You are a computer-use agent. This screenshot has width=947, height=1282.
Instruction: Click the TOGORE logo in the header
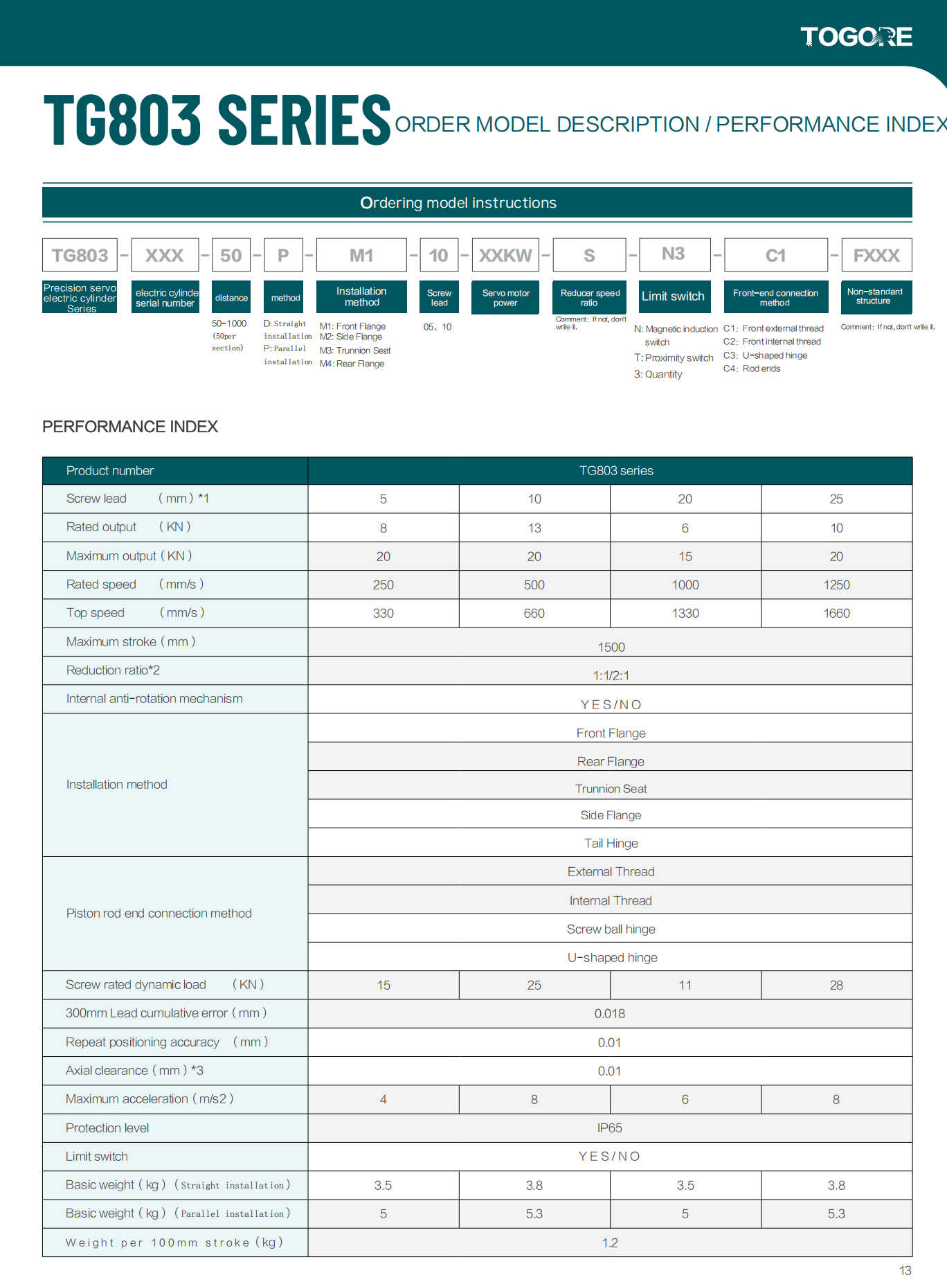point(856,37)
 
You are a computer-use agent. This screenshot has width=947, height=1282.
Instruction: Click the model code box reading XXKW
point(505,256)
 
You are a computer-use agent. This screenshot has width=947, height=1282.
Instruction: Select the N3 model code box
point(674,254)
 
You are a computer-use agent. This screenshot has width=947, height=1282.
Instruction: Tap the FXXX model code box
point(876,256)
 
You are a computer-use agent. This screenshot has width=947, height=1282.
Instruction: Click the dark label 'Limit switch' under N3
point(673,296)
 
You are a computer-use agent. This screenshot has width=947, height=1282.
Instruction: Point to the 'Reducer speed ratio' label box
point(590,298)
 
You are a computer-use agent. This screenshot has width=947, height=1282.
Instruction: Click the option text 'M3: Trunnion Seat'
point(355,350)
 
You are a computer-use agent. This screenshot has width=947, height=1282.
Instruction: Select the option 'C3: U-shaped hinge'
point(765,355)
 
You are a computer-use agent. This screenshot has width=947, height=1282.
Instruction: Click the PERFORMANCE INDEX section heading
point(130,427)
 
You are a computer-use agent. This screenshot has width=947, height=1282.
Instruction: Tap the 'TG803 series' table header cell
point(616,471)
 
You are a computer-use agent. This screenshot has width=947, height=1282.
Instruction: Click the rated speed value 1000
point(685,585)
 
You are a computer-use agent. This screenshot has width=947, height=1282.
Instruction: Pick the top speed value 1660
point(836,614)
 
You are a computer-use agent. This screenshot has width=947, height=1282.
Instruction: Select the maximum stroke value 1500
point(611,647)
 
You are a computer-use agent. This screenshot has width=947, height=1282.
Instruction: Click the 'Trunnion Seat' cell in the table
point(611,789)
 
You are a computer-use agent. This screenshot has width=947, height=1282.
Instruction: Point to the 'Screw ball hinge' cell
point(611,929)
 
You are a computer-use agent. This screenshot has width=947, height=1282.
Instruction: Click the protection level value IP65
point(610,1128)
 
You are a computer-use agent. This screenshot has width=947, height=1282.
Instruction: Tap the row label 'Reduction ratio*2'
point(113,670)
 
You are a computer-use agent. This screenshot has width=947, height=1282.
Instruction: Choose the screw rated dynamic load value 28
point(836,986)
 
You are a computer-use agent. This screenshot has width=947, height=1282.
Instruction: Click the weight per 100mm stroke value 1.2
point(610,1243)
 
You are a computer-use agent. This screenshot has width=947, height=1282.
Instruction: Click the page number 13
point(905,1270)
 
